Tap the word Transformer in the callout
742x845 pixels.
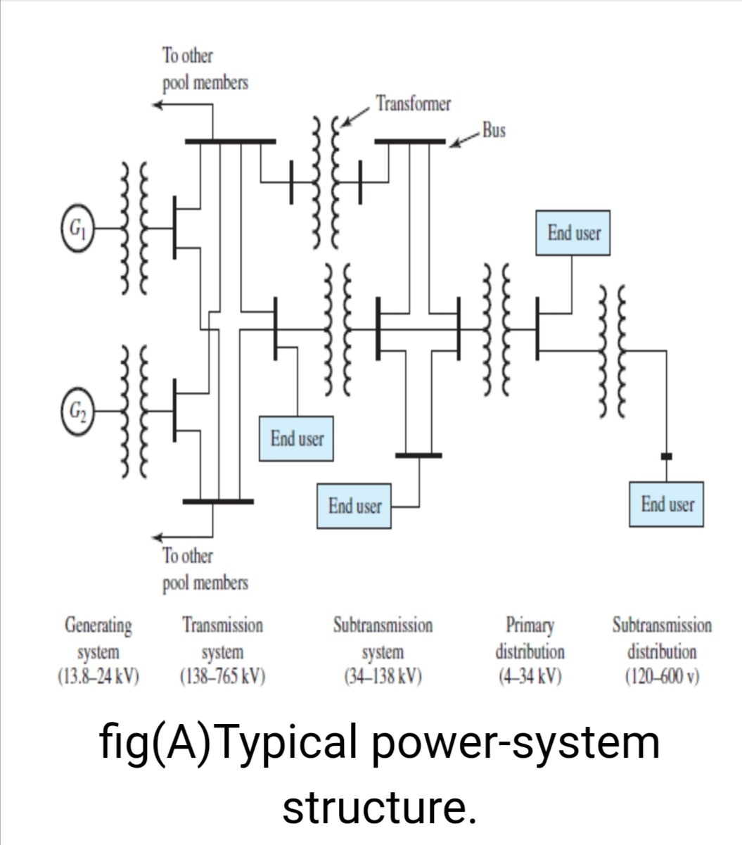413,104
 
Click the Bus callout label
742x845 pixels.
494,131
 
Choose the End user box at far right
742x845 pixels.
667,504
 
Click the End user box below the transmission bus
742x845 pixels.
297,439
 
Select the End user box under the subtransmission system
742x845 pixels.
354,506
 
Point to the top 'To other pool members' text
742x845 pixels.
205,69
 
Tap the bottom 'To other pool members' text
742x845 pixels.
205,569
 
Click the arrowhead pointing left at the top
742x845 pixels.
160,105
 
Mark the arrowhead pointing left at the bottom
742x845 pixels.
160,537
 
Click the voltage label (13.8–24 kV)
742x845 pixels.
98,677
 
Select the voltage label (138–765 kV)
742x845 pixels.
222,677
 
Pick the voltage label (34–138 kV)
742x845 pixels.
383,677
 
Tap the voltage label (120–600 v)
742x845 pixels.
661,677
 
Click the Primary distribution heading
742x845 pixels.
530,637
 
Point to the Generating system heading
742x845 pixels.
98,637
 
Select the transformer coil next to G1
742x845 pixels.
134,229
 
